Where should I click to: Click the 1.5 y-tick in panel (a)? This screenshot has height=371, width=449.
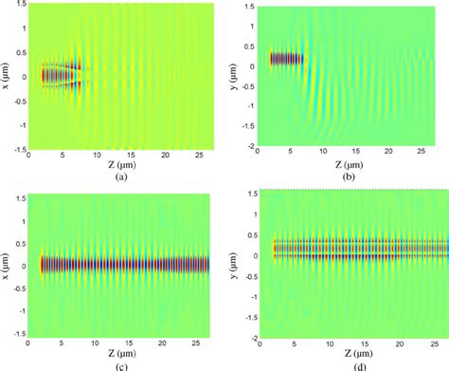pos(21,7)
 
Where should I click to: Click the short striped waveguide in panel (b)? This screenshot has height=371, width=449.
pos(286,59)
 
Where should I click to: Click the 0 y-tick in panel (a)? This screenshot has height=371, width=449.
pos(25,76)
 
